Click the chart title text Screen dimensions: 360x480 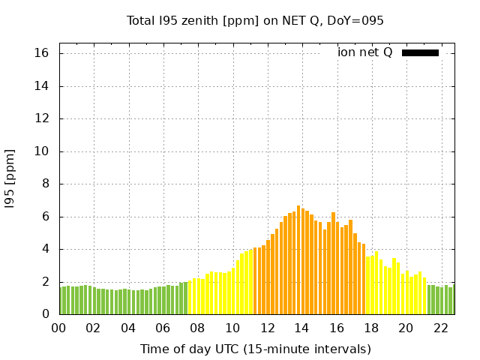255,20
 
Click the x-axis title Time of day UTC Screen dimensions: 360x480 255,349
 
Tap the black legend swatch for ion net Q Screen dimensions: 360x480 420,52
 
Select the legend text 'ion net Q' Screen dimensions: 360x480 364,52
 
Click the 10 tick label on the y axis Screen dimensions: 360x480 41,151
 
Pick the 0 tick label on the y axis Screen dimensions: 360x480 45,314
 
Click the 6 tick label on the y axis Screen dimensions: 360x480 45,217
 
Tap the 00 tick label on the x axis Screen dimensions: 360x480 59,328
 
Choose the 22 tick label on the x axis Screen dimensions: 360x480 440,328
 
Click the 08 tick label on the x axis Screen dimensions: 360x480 198,328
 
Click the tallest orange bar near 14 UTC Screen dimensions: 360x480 298,259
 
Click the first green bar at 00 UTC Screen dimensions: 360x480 61,301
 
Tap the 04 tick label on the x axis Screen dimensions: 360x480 128,328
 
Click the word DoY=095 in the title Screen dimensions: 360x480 355,20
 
